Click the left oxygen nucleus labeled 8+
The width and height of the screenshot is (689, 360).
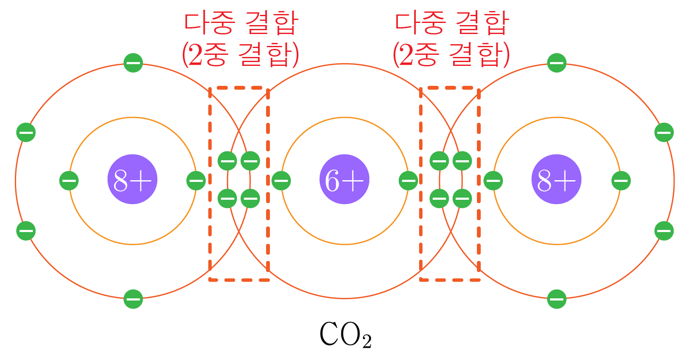point(132,179)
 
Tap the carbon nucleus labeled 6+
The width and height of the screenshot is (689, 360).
point(344,179)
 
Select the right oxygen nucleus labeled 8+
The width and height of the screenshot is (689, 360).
point(556,179)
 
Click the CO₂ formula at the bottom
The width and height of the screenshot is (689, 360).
point(345,335)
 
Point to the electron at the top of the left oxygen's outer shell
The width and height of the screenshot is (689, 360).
point(133,63)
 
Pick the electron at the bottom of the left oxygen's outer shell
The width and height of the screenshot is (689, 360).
point(133,299)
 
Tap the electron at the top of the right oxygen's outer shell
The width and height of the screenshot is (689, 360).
point(557,63)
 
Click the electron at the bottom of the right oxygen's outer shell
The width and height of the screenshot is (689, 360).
point(557,299)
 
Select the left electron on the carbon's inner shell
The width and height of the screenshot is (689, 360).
point(281,181)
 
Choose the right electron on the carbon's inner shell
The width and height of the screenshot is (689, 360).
point(408,181)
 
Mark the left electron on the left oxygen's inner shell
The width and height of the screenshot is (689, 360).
point(68,181)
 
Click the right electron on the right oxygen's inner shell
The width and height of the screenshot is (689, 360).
point(621,181)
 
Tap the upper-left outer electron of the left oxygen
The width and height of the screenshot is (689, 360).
point(26,132)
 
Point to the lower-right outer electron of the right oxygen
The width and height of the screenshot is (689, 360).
point(664,231)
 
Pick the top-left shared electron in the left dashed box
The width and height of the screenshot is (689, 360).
point(227,161)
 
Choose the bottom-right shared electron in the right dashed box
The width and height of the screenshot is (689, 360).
point(462,198)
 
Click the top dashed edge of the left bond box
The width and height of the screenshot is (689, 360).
point(239,88)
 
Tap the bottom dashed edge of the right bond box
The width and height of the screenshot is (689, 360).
point(450,280)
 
